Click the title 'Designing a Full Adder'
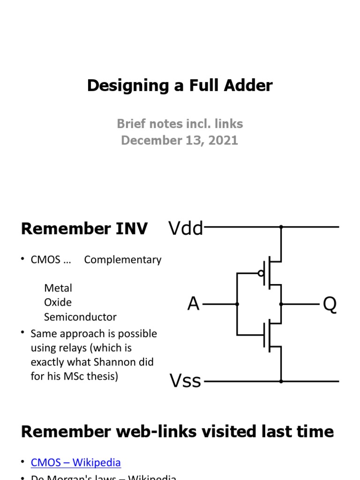pyautogui.click(x=180, y=86)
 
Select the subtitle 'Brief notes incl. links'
pyautogui.click(x=180, y=124)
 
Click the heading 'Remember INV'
pyautogui.click(x=84, y=229)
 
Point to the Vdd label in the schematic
pyautogui.click(x=186, y=229)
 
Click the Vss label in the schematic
pyautogui.click(x=185, y=381)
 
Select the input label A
pyautogui.click(x=193, y=305)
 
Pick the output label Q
pyautogui.click(x=330, y=305)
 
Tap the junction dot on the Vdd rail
pyautogui.click(x=281, y=227)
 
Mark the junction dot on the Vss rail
pyautogui.click(x=281, y=381)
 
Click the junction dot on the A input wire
pyautogui.click(x=237, y=304)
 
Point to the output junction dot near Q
pyautogui.click(x=281, y=304)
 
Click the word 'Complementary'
pyautogui.click(x=123, y=260)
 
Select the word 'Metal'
pyautogui.click(x=58, y=288)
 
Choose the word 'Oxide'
pyautogui.click(x=58, y=302)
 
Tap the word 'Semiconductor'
pyautogui.click(x=80, y=317)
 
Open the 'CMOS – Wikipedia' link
pyautogui.click(x=76, y=463)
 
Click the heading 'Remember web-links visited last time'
pyautogui.click(x=177, y=431)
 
